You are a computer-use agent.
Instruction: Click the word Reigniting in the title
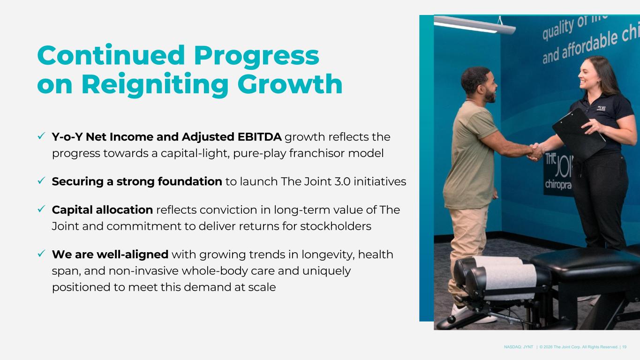point(155,84)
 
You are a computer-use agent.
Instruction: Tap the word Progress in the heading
point(256,55)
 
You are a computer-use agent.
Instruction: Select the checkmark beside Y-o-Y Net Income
point(41,136)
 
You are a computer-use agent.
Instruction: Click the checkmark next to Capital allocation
point(41,209)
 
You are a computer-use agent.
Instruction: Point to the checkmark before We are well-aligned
point(41,254)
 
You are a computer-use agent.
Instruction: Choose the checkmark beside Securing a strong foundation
point(41,180)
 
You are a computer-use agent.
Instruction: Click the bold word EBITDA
point(259,137)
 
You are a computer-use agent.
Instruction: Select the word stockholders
point(335,226)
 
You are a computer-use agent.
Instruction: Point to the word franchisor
point(317,153)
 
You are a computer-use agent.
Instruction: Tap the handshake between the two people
point(535,151)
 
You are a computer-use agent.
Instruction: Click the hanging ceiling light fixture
point(474,25)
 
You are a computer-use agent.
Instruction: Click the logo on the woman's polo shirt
point(601,108)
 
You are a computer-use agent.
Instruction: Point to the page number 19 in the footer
point(624,347)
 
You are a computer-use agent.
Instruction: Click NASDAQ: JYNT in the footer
point(518,347)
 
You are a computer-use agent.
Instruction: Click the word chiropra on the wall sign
point(558,185)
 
